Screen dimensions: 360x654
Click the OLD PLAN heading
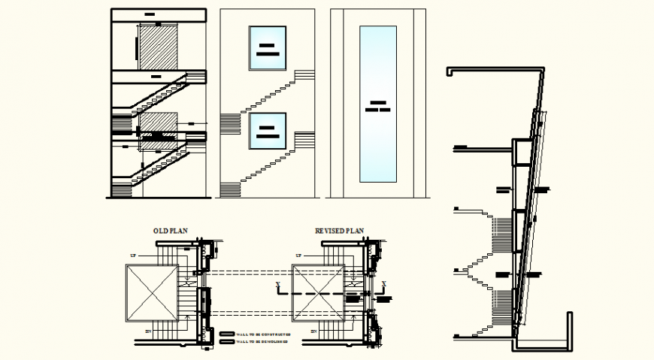point(170,231)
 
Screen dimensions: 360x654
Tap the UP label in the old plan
point(134,256)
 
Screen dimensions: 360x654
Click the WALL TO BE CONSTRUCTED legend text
point(263,333)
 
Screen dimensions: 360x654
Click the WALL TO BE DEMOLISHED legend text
point(262,341)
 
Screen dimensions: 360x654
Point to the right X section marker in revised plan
point(384,284)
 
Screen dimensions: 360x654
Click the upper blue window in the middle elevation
point(268,49)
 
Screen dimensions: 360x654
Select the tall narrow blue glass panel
point(377,104)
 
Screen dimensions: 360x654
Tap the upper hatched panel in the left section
point(158,49)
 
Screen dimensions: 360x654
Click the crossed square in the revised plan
point(319,292)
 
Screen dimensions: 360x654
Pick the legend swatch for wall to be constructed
point(227,333)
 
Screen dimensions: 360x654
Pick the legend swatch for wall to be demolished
point(227,341)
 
